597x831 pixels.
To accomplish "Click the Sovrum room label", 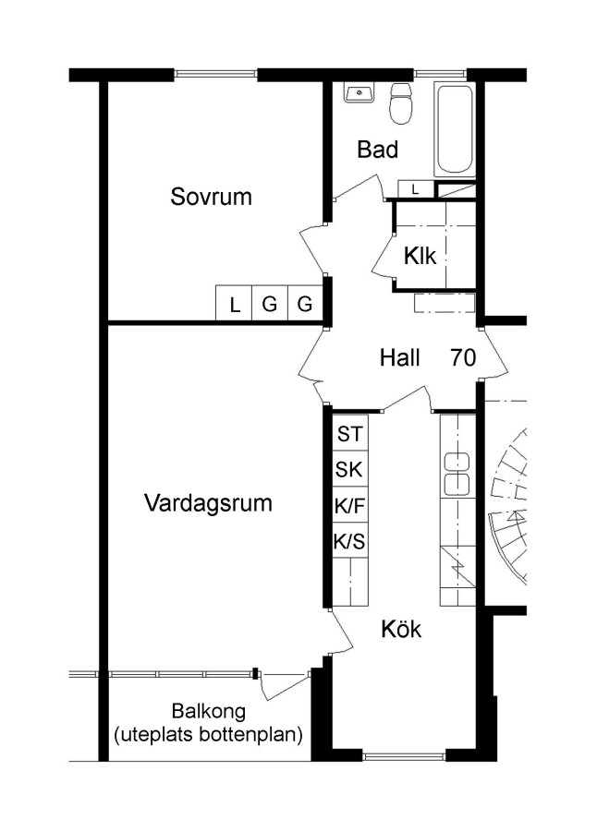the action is pos(211,197).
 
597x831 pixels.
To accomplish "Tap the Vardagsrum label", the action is pos(208,502).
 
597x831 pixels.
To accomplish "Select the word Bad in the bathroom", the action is pos(377,150).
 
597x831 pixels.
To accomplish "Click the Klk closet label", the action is pos(420,256).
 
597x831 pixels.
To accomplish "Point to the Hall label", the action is pos(399,357).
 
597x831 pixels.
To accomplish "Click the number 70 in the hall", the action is pos(463,357).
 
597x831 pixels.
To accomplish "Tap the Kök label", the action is pos(401,629).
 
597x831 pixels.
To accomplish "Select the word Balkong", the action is pos(209,711).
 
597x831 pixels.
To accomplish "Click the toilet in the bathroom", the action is pos(401,103).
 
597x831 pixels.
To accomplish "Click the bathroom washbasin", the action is pos(359,92).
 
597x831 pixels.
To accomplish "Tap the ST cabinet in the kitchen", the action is pos(349,433).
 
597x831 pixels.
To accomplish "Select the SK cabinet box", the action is pos(349,470).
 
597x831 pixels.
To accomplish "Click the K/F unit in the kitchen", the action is pos(349,506).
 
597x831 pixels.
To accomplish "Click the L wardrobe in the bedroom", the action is pos(234,303).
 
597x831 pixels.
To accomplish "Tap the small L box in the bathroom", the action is pos(416,189).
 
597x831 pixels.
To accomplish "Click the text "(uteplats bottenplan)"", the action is pos(209,735).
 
